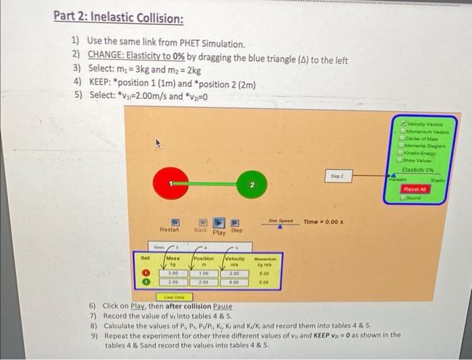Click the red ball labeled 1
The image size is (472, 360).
[x=171, y=183]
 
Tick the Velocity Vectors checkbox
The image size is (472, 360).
[x=403, y=123]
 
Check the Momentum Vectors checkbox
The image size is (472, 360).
[x=403, y=131]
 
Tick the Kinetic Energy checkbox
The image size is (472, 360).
[x=403, y=153]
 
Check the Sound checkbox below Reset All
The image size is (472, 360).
[x=403, y=199]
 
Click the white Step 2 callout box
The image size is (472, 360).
[x=338, y=176]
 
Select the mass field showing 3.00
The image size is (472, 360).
[x=164, y=274]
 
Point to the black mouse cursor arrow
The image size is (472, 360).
[x=158, y=143]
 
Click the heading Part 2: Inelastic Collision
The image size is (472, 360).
[x=119, y=18]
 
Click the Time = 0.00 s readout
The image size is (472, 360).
[x=325, y=222]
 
